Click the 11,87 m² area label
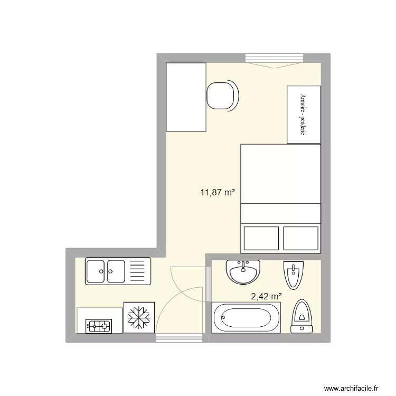217,193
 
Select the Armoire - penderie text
303,115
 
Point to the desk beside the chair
185,97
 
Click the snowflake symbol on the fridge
139,317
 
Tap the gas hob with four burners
99,326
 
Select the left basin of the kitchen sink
96,272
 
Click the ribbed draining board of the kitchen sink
139,272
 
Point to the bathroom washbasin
243,272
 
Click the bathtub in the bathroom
246,318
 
